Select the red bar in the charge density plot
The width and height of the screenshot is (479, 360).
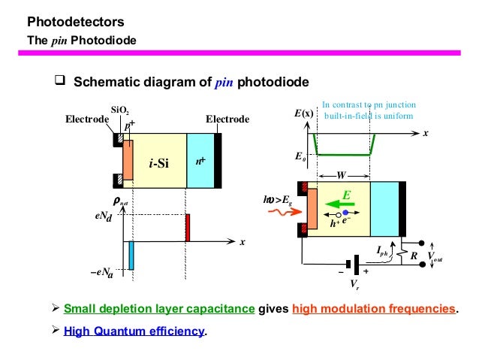(x=188, y=228)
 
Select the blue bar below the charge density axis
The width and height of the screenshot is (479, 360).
(x=131, y=255)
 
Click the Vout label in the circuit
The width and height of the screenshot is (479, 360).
(x=435, y=256)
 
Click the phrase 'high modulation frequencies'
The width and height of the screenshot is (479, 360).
(x=372, y=308)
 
